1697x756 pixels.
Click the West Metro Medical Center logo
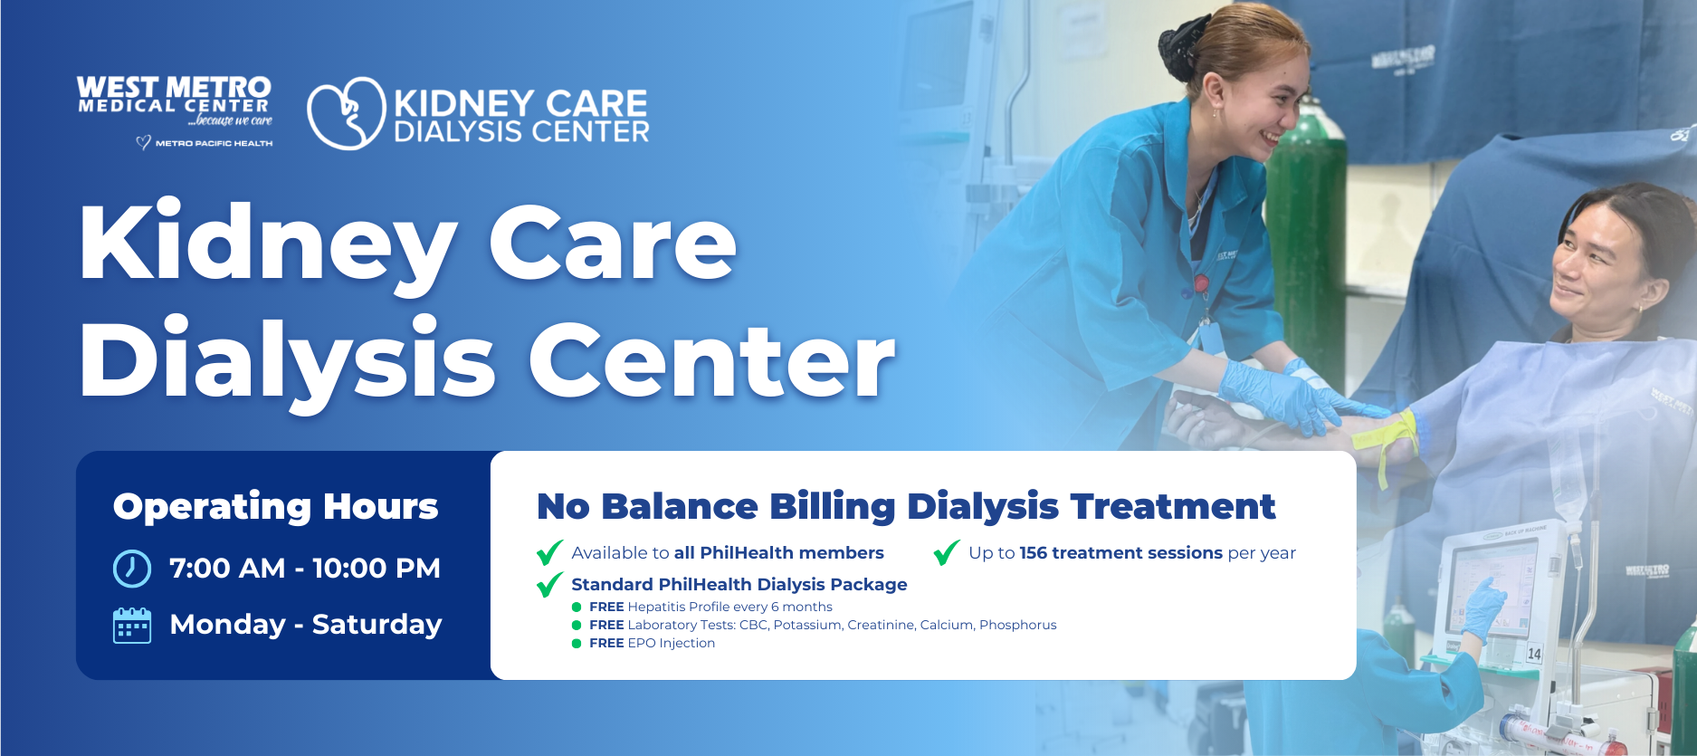click(x=174, y=100)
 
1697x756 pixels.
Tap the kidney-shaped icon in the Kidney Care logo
click(x=346, y=114)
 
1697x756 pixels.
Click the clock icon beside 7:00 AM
click(x=132, y=569)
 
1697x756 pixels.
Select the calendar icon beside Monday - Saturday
click(x=132, y=625)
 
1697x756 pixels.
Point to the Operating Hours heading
click(x=275, y=506)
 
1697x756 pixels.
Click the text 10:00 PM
click(x=377, y=569)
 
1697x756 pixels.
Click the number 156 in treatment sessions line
click(x=1033, y=553)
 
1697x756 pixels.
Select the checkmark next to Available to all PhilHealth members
click(x=549, y=552)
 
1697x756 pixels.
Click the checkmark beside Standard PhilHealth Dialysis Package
click(x=549, y=585)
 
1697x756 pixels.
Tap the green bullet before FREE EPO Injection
click(x=577, y=644)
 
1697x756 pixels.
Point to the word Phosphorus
click(x=1017, y=625)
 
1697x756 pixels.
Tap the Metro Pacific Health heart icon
click(x=143, y=143)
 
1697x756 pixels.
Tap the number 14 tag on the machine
click(x=1534, y=654)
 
